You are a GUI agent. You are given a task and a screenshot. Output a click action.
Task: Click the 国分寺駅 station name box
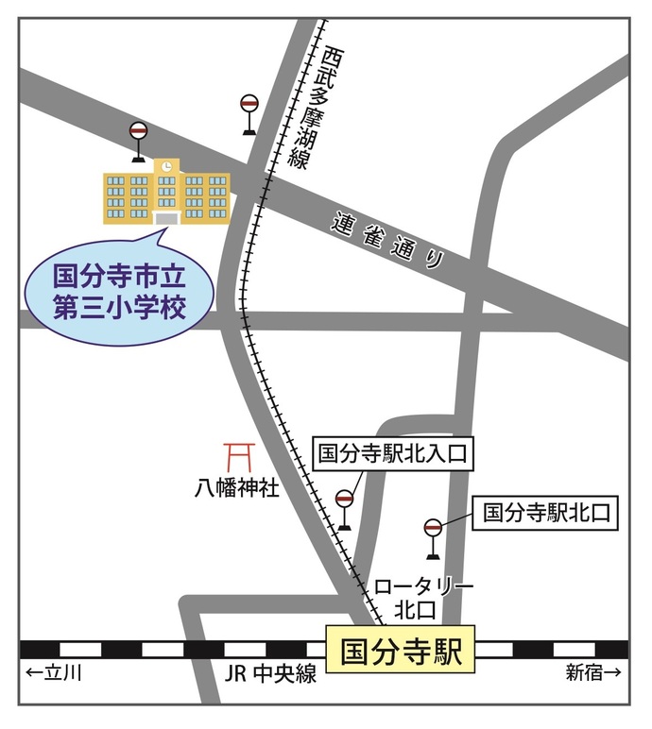pyautogui.click(x=401, y=650)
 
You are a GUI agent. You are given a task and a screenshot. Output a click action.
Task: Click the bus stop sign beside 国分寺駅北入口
pyautogui.click(x=344, y=508)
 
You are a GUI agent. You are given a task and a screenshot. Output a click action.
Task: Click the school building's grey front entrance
pyautogui.click(x=166, y=218)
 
